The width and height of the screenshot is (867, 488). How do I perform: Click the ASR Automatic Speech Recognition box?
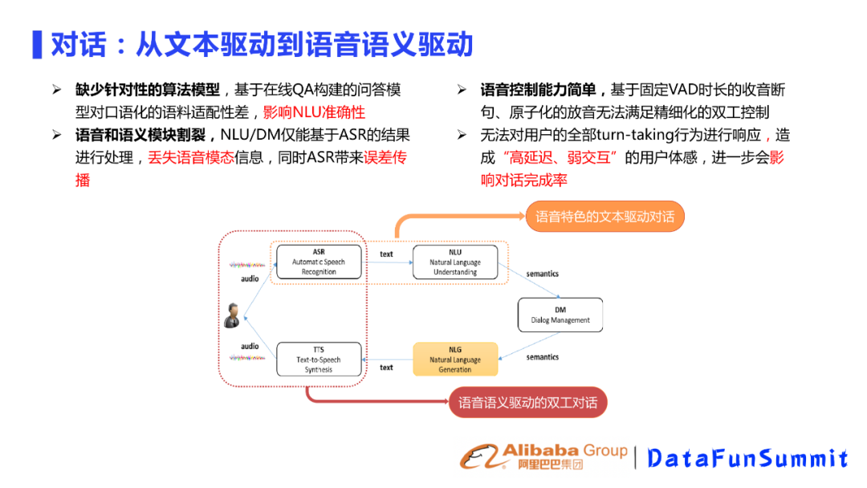(319, 262)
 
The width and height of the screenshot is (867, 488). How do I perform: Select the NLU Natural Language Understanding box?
(454, 262)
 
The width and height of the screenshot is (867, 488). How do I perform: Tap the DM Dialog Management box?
(560, 315)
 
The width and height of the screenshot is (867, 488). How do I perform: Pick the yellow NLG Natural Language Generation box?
(455, 360)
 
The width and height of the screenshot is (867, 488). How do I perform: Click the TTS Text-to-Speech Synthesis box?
(319, 360)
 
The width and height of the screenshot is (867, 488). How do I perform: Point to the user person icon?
(232, 315)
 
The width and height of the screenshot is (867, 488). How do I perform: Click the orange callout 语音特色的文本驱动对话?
(604, 217)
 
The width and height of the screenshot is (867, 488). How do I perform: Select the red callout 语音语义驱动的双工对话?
(527, 402)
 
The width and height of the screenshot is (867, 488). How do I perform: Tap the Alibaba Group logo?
(543, 456)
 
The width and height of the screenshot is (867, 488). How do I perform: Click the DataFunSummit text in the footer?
(747, 458)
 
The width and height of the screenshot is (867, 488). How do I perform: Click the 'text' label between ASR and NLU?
(386, 254)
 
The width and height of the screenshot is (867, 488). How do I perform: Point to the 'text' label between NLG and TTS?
(386, 368)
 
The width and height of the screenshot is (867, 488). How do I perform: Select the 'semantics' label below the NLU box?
(542, 274)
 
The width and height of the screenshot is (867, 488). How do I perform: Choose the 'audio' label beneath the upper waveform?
(250, 279)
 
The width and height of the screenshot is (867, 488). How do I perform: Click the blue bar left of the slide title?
(37, 44)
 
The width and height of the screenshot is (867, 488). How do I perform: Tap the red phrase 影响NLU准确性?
(314, 112)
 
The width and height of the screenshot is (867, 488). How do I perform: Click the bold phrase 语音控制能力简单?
(543, 90)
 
